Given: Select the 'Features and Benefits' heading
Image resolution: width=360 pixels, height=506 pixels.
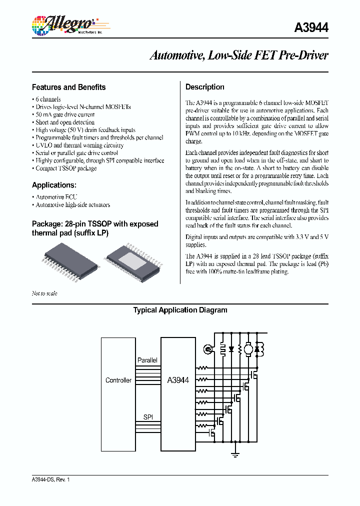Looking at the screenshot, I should [x=68, y=87].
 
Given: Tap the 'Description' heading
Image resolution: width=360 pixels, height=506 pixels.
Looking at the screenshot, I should [x=204, y=87].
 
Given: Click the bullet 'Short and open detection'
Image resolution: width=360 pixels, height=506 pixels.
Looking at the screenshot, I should [x=64, y=122].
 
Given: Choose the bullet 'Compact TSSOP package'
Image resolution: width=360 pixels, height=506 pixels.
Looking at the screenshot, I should [x=66, y=168].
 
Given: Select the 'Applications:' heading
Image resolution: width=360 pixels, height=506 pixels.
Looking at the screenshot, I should [x=53, y=185].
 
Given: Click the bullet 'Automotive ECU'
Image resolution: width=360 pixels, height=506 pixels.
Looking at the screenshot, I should [x=56, y=197].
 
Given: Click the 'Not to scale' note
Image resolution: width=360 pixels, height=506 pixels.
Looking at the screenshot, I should [x=44, y=293].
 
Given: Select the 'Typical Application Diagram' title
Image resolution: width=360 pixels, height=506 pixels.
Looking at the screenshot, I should [x=180, y=310].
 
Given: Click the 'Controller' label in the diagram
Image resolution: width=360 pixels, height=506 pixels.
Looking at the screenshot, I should [x=118, y=380].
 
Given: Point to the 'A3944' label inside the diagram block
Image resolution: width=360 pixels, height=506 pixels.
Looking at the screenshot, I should [x=177, y=380].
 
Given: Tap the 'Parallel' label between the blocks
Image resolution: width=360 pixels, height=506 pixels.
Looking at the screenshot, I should [x=147, y=360].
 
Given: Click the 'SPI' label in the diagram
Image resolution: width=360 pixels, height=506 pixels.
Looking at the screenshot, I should [x=148, y=416].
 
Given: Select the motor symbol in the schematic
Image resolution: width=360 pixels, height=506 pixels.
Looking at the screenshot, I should [x=246, y=348].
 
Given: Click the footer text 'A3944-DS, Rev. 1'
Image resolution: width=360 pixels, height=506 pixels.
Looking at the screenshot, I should [x=51, y=479].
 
